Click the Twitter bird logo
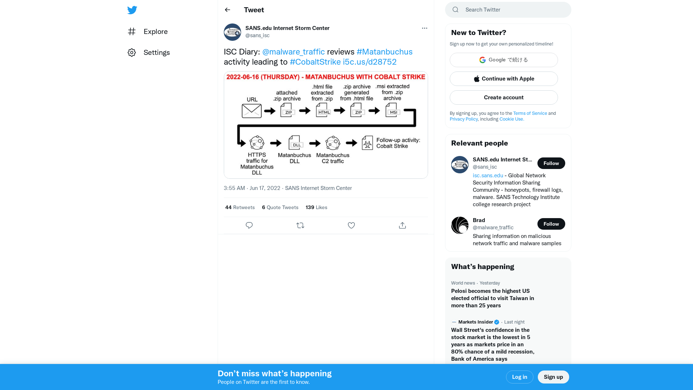pos(132,10)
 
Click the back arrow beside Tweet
pos(227,10)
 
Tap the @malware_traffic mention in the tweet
pos(293,52)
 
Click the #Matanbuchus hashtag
pos(384,52)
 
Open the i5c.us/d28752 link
pos(370,62)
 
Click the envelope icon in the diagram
pos(252,111)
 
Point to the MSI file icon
pos(393,110)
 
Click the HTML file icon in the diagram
pos(323,110)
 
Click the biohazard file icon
pos(367,143)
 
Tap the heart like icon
pos(351,225)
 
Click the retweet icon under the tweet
pos(300,225)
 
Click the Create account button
pos(504,97)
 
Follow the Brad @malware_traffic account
pos(551,224)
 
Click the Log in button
pos(519,377)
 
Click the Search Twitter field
pos(513,10)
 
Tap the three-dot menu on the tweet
pos(424,28)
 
